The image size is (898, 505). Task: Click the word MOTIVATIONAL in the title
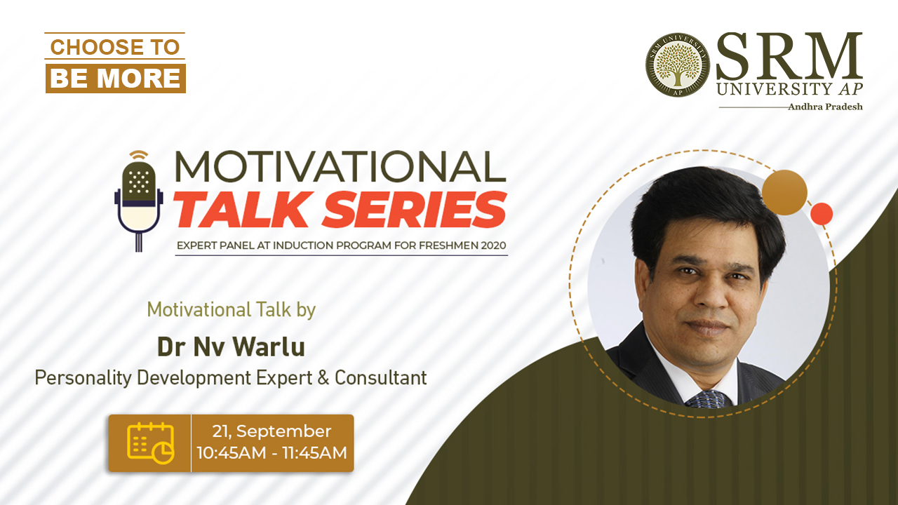340,166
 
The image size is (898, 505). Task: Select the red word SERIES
415,210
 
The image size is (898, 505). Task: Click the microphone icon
139,201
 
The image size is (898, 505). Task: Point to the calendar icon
151,443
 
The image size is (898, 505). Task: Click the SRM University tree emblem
678,65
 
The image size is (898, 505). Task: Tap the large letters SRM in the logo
789,56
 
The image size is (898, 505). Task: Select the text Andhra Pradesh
826,107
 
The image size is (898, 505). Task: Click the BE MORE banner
116,78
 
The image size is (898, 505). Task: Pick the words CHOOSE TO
115,47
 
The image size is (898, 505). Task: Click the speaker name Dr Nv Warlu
231,346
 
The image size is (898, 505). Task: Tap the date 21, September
272,431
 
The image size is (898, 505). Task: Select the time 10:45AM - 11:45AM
272,453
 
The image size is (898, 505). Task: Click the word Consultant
381,378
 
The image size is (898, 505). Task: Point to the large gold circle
784,192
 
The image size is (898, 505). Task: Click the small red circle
822,214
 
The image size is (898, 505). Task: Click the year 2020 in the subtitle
493,245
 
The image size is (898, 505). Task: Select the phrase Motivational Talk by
232,310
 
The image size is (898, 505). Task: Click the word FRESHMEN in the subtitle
448,245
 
